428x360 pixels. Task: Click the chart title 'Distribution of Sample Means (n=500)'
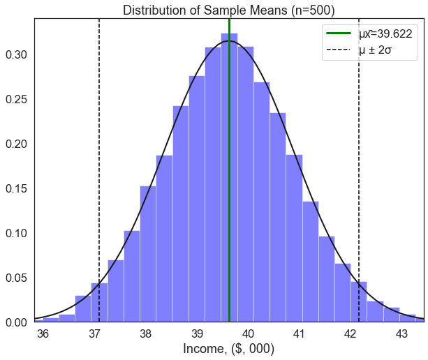(x=228, y=10)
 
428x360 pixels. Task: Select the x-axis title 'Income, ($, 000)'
(x=228, y=348)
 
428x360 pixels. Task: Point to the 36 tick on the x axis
(x=43, y=333)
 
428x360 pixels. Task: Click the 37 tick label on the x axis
(x=95, y=333)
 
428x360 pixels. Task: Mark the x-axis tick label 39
(x=198, y=333)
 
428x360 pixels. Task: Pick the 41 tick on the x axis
(x=300, y=333)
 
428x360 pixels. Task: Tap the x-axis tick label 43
(x=401, y=333)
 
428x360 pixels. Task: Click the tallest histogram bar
(x=229, y=174)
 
